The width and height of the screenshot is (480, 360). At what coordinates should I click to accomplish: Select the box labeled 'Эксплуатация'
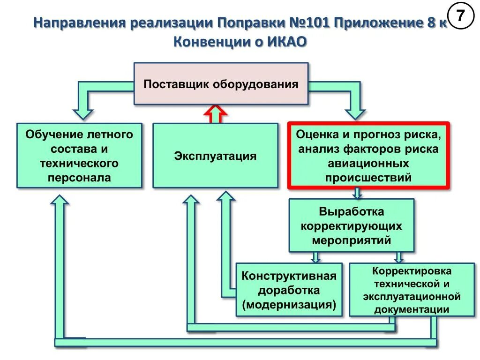point(215,156)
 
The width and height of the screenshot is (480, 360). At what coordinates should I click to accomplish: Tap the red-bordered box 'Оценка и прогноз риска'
point(368,156)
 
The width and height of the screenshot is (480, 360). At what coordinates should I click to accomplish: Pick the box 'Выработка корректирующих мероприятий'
point(351,225)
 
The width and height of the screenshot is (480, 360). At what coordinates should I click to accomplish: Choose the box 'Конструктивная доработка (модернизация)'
point(289,290)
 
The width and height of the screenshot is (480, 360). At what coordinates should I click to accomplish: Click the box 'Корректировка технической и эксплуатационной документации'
point(412,290)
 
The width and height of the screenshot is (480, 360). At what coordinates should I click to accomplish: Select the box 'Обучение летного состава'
point(79,156)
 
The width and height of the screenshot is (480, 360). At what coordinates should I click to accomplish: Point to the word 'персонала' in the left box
point(79,178)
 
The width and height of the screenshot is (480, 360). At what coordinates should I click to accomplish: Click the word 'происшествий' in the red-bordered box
point(368,178)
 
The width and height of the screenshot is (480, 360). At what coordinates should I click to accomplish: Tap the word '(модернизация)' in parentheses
point(289,305)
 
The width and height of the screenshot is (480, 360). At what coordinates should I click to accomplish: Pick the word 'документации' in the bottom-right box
point(412,309)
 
